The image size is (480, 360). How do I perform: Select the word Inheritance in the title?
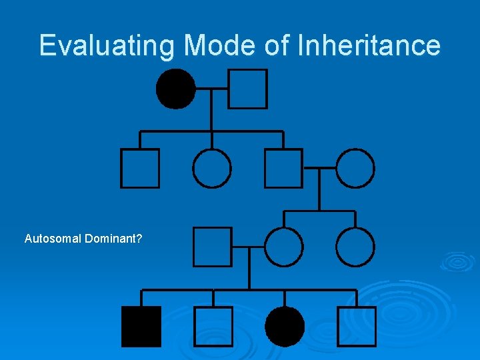[369, 45]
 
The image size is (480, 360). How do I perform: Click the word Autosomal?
[53, 238]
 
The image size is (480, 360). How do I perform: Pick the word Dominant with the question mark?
[113, 238]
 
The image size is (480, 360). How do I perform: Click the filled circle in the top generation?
[175, 89]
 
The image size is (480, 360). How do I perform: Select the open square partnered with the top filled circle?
[247, 89]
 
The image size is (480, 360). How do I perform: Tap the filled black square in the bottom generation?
[141, 327]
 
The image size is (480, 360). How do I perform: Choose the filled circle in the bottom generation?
[285, 327]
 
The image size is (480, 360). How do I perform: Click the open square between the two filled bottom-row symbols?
[213, 327]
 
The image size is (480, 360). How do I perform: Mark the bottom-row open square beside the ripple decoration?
[357, 327]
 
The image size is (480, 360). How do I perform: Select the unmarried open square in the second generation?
[140, 168]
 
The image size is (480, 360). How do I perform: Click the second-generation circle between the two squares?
[212, 168]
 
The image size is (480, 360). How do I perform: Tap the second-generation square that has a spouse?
[283, 168]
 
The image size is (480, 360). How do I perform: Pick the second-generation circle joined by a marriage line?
[355, 168]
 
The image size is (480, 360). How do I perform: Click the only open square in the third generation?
[213, 247]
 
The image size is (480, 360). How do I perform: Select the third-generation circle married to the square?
[284, 247]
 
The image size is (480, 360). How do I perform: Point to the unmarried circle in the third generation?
[355, 247]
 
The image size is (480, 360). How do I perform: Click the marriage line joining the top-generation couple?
[211, 88]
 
